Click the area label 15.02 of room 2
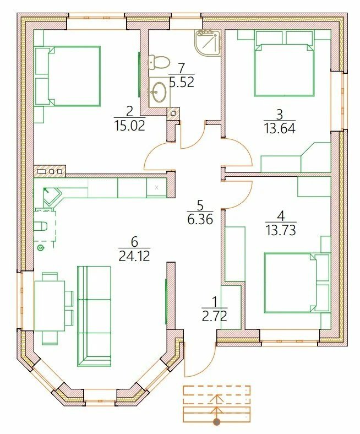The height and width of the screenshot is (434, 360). click(129, 126)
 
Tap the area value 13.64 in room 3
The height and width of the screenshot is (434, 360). click(280, 128)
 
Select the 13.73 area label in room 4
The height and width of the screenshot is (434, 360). click(281, 230)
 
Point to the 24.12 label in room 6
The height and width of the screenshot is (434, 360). click(134, 256)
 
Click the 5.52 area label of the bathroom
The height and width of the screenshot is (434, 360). click(182, 82)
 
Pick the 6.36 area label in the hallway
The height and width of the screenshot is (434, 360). click(200, 220)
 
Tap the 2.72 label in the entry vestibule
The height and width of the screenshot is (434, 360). click(215, 316)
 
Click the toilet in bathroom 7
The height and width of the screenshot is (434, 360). click(159, 63)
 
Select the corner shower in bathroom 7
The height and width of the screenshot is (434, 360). click(209, 42)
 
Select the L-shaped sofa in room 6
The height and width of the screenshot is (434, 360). click(94, 316)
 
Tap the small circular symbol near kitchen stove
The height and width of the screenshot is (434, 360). click(41, 248)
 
